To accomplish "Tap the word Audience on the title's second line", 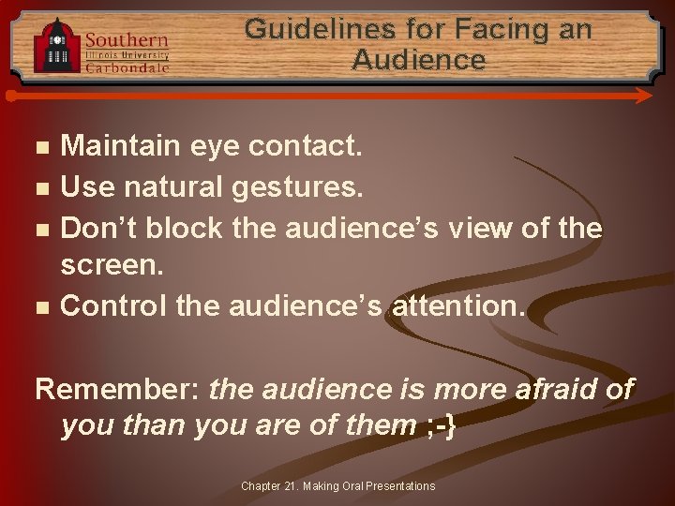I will pyautogui.click(x=419, y=61).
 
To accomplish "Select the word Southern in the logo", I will pyautogui.click(x=127, y=40).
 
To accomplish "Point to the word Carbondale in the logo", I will pyautogui.click(x=127, y=67).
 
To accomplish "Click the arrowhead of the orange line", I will pyautogui.click(x=644, y=96).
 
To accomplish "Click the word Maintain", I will pyautogui.click(x=119, y=146).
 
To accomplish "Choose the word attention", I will pyautogui.click(x=455, y=305).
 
